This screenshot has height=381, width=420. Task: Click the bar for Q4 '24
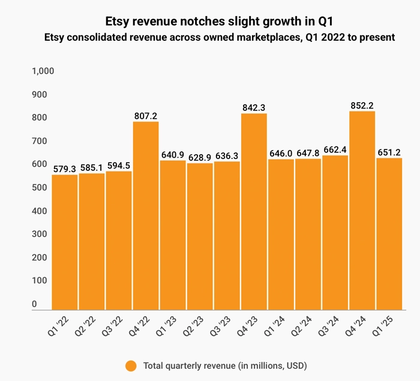[362, 210]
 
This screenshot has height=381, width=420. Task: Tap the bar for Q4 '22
[146, 216]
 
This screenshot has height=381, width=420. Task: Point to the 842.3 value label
[254, 107]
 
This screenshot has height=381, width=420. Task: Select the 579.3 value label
[65, 169]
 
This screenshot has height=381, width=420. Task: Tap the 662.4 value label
[335, 150]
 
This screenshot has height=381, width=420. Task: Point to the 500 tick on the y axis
[38, 187]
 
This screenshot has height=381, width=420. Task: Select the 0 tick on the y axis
[34, 304]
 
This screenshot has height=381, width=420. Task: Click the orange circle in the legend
[131, 365]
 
